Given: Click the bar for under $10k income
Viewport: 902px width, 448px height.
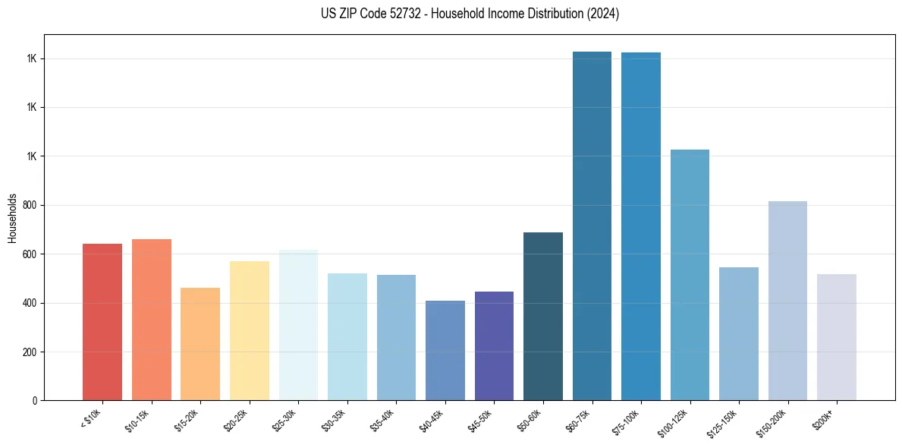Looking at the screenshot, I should click(x=102, y=322).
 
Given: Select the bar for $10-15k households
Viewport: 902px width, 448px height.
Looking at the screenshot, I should click(x=152, y=320).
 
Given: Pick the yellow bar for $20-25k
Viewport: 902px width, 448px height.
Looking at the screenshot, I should click(x=250, y=330).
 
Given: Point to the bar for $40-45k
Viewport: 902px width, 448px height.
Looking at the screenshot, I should click(x=445, y=350).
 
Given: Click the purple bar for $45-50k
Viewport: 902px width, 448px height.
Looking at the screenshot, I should click(x=494, y=345).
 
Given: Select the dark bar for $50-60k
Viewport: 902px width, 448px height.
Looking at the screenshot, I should click(x=543, y=316).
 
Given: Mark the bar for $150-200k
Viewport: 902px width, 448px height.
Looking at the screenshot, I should click(x=787, y=301).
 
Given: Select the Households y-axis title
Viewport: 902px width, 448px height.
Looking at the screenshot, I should click(x=12, y=217).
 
